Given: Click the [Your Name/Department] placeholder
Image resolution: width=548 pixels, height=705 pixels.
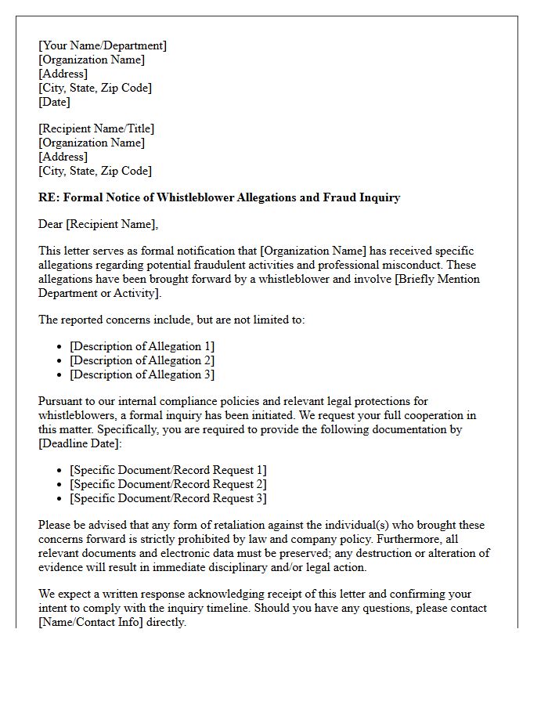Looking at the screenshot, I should point(103,45).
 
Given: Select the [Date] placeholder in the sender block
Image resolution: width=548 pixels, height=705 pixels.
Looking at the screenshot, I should point(54,102).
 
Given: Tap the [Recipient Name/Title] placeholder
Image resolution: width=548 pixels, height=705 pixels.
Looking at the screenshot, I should point(96,128).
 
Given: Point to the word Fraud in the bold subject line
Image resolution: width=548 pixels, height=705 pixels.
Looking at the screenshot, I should point(340,197).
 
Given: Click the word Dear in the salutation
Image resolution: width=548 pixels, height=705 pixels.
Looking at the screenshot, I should point(51,225).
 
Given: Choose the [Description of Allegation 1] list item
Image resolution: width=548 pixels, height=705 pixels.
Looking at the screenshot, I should point(142,346).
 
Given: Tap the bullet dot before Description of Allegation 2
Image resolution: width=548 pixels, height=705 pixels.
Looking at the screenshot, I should point(61,361).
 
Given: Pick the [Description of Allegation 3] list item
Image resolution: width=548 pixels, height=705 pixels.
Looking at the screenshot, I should point(142,374).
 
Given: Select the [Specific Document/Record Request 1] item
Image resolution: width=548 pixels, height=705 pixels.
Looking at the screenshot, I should point(168,470).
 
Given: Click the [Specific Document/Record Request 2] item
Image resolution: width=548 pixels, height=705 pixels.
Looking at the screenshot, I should point(168,484).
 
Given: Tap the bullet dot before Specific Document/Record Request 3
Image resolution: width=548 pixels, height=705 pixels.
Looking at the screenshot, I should point(61,499).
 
